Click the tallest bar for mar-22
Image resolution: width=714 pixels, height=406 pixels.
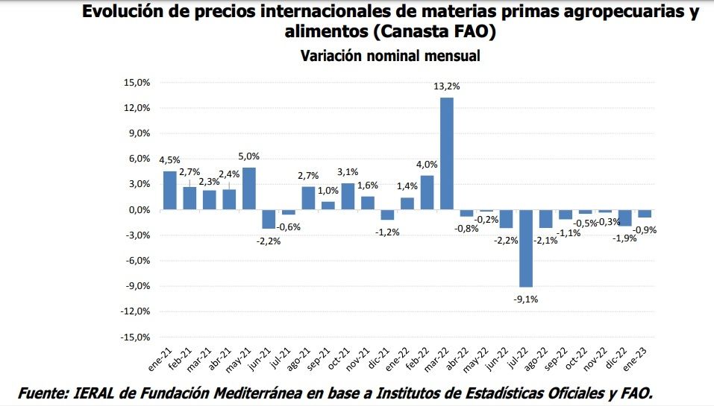(x=447, y=153)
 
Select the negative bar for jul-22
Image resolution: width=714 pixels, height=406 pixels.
(x=526, y=248)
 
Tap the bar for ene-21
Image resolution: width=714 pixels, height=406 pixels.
(x=170, y=191)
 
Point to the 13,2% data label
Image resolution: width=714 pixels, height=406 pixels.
(x=447, y=86)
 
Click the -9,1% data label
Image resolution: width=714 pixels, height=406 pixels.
(x=525, y=299)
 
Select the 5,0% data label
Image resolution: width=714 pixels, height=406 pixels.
(x=249, y=156)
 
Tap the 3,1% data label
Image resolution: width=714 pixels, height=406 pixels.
(x=348, y=172)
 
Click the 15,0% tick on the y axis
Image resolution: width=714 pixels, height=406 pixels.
(x=137, y=83)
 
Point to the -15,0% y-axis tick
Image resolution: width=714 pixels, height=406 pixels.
(x=136, y=337)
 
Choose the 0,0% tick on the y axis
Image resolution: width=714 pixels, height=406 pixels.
(x=139, y=210)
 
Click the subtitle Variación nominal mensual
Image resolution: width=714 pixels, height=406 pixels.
(x=389, y=56)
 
